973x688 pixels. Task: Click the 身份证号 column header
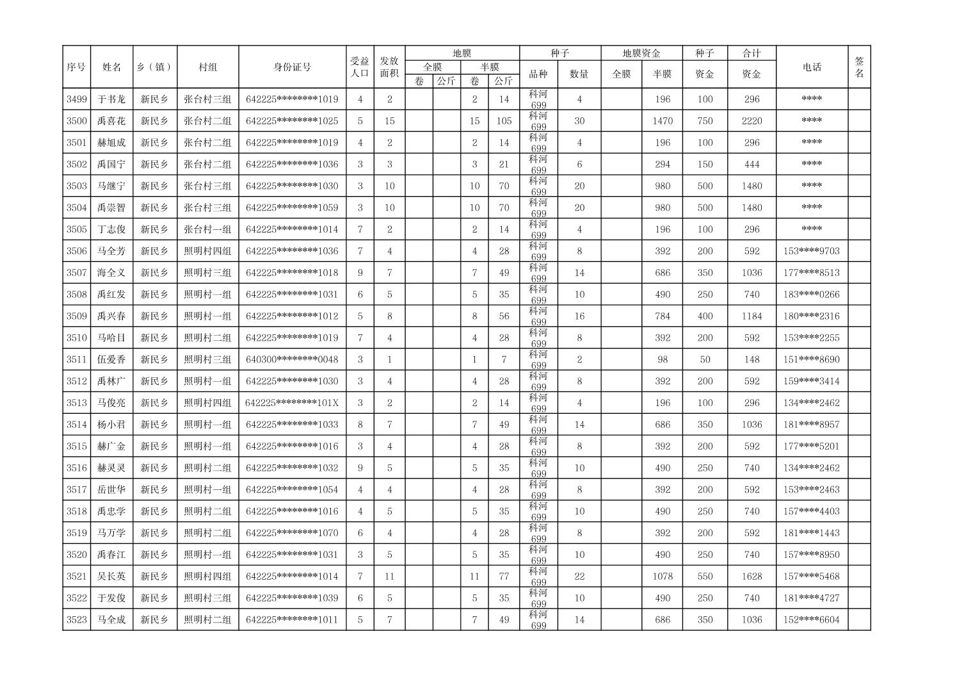coord(293,67)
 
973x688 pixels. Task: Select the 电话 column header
coord(812,67)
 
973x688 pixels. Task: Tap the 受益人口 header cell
coord(360,67)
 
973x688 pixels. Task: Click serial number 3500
coord(76,121)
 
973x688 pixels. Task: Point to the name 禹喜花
coord(111,121)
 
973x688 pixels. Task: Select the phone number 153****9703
coord(811,251)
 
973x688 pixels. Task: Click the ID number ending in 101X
coord(292,403)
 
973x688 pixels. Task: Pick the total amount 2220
coord(752,121)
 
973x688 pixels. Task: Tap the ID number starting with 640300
coord(292,359)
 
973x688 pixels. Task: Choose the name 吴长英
coord(111,577)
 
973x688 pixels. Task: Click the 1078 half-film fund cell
coord(662,577)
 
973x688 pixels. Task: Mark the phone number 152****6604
coord(811,620)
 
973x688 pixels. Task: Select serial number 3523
coord(76,620)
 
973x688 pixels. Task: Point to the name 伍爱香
coord(111,359)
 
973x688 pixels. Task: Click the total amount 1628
coord(752,577)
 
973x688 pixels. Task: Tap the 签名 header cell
coord(859,67)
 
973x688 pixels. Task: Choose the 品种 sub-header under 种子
coord(538,74)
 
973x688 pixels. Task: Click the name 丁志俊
coord(111,229)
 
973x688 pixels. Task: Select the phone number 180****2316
coord(811,316)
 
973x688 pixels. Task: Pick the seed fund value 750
coord(705,121)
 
